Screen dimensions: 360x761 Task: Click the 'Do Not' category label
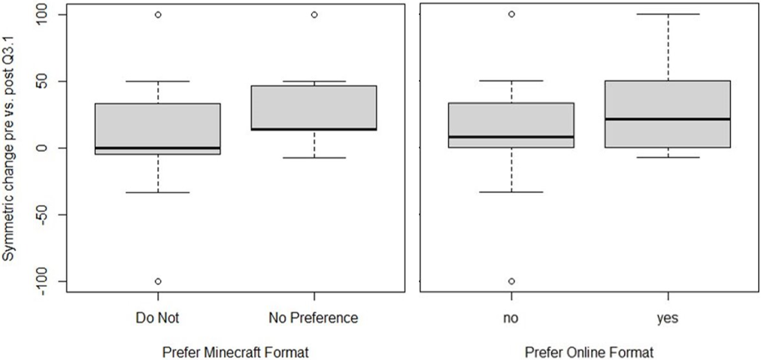tap(158, 319)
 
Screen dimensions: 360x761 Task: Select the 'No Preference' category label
tap(314, 319)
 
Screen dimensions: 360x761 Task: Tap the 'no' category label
tap(511, 319)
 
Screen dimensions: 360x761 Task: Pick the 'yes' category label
tap(667, 319)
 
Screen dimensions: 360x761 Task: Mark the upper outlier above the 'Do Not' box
tap(158, 14)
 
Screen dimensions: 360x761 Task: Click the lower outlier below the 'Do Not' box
tap(158, 281)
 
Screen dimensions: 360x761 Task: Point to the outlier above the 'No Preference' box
tap(314, 14)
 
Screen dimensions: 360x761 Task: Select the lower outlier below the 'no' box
tap(511, 281)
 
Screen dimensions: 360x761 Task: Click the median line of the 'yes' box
tap(667, 119)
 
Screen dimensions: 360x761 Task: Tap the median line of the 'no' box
tap(511, 137)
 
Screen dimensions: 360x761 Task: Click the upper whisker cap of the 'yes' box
tap(667, 14)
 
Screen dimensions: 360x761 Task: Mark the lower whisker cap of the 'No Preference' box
tap(314, 158)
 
